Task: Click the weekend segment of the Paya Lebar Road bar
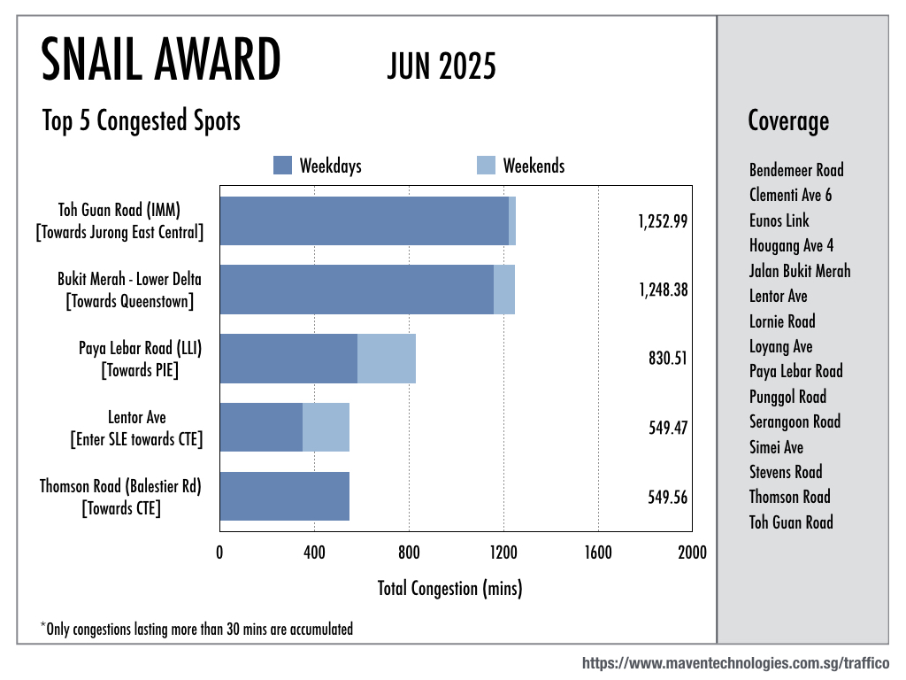[x=387, y=359]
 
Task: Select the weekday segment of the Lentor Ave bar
[x=261, y=428]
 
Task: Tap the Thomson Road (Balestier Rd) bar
[x=284, y=496]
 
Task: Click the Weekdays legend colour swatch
[x=282, y=166]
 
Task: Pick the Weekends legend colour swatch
[x=486, y=166]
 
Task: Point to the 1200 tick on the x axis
[x=503, y=553]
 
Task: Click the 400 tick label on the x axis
[x=314, y=553]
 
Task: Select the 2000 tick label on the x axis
[x=692, y=553]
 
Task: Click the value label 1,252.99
[x=663, y=221]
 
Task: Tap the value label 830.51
[x=668, y=359]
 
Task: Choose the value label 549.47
[x=668, y=428]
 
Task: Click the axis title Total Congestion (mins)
[x=449, y=588]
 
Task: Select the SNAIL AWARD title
[x=161, y=62]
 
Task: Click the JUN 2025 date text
[x=441, y=66]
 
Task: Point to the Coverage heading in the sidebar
[x=788, y=120]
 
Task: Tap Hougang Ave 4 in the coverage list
[x=791, y=245]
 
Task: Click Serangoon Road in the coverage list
[x=795, y=421]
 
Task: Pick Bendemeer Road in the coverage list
[x=796, y=170]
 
